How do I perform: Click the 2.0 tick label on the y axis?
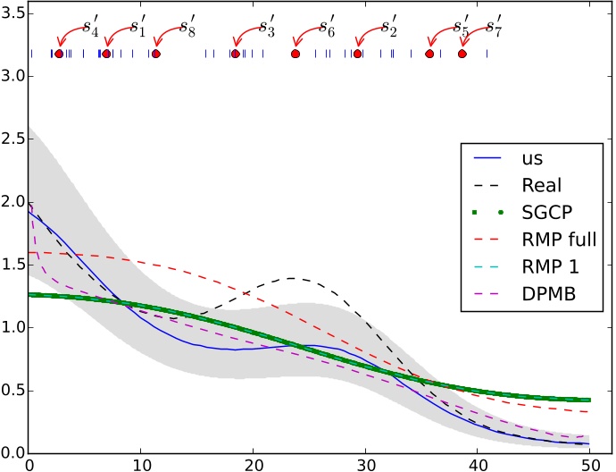(x=12, y=202)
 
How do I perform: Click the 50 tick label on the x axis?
(x=590, y=464)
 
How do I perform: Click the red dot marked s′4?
(x=59, y=54)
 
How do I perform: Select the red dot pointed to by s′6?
(x=296, y=54)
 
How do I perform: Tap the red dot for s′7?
(x=462, y=54)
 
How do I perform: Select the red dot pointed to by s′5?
(x=429, y=54)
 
